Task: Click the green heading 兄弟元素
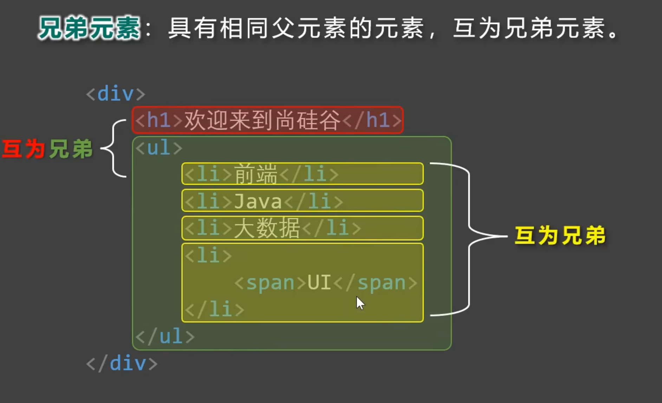pyautogui.click(x=89, y=28)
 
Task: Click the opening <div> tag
pyautogui.click(x=116, y=94)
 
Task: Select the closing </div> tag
pyautogui.click(x=122, y=363)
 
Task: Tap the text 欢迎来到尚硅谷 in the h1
pyautogui.click(x=262, y=120)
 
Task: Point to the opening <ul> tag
pyautogui.click(x=159, y=147)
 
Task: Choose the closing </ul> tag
pyautogui.click(x=165, y=336)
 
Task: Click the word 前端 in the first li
pyautogui.click(x=255, y=174)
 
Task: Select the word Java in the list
pyautogui.click(x=258, y=201)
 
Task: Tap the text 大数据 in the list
pyautogui.click(x=267, y=228)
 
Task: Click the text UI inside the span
pyautogui.click(x=319, y=282)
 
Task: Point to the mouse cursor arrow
pyautogui.click(x=360, y=303)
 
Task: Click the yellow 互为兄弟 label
pyautogui.click(x=560, y=235)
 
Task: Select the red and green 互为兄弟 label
pyautogui.click(x=47, y=149)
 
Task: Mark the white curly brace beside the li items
pyautogui.click(x=469, y=239)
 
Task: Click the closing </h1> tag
pyautogui.click(x=372, y=120)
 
